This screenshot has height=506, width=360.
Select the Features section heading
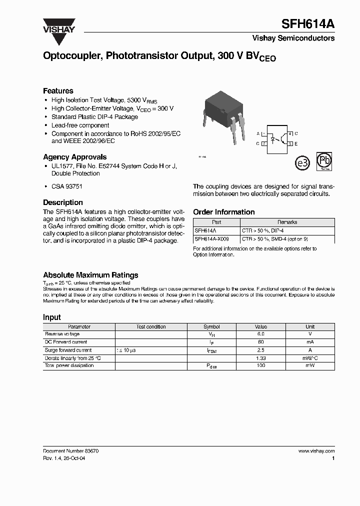[58, 91]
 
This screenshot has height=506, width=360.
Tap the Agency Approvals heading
[74, 157]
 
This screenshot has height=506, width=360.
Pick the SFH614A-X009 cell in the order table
[211, 239]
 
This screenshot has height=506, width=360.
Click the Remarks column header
[287, 222]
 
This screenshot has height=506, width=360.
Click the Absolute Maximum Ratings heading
[90, 275]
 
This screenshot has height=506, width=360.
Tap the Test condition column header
[151, 326]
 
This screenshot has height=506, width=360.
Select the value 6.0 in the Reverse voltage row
[260, 334]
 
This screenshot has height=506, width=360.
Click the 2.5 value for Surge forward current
[260, 350]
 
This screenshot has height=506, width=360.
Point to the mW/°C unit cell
[310, 358]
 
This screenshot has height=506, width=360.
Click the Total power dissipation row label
[69, 365]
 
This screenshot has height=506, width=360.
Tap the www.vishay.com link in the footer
[316, 451]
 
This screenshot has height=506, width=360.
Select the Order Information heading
[223, 212]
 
